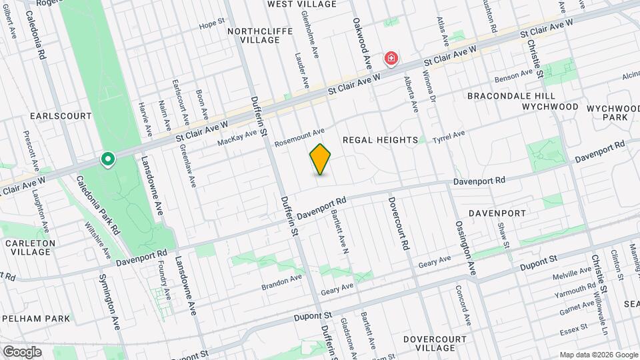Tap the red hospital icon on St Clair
coord(391,60)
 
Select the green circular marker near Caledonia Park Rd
coord(107,159)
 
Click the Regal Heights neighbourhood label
coord(381,139)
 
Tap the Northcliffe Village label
coord(253,35)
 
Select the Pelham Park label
coord(36,318)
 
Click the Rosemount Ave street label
coord(300,136)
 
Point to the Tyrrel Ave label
coord(449,135)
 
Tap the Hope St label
coord(212,25)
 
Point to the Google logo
coord(21,351)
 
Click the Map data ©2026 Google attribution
coord(598,355)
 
